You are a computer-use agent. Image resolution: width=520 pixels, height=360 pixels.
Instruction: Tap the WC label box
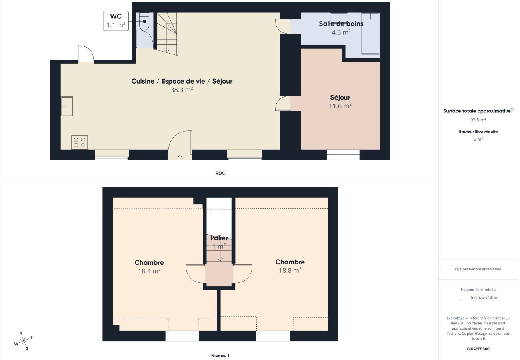(x=116, y=21)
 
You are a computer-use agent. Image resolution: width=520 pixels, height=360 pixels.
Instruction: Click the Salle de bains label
(x=341, y=24)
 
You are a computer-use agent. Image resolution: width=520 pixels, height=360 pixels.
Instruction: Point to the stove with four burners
(x=80, y=142)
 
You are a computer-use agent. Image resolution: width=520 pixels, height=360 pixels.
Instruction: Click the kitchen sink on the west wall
(x=66, y=106)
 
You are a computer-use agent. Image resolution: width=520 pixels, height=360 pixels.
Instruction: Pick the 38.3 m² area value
(x=182, y=90)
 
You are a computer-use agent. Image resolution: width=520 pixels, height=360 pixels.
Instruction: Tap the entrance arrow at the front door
(x=180, y=157)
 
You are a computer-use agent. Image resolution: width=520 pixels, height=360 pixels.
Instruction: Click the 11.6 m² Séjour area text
(x=340, y=106)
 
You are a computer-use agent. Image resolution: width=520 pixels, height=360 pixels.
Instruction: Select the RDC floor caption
(x=220, y=173)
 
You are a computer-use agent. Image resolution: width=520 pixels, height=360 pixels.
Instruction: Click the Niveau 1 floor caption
(x=220, y=356)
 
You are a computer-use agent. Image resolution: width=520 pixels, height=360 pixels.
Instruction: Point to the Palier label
(x=219, y=238)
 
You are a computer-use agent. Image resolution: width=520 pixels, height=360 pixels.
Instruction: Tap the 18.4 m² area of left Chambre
(x=149, y=271)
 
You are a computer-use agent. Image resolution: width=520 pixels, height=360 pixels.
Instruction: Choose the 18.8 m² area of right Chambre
(x=290, y=270)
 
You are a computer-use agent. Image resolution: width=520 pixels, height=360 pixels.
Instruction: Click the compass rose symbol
(x=24, y=341)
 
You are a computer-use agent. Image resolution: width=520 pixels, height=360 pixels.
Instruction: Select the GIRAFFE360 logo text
(x=478, y=349)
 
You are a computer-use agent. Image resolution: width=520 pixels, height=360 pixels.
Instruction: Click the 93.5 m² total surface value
(x=478, y=120)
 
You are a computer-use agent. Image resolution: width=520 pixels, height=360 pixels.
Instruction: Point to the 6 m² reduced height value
(x=478, y=139)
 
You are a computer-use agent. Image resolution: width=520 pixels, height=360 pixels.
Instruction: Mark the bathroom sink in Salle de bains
(x=339, y=18)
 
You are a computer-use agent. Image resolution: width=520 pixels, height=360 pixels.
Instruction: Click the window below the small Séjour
(x=343, y=154)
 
